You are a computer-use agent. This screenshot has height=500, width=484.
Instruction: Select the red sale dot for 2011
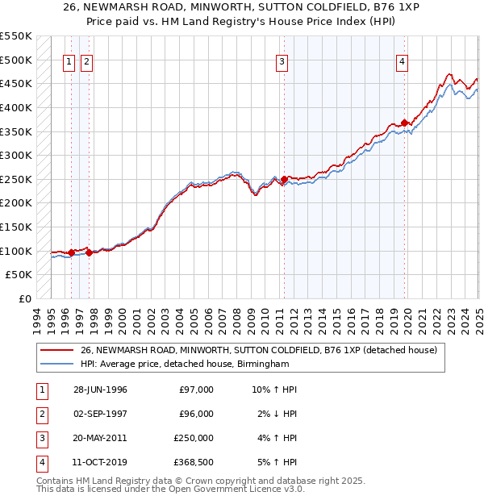(x=284, y=179)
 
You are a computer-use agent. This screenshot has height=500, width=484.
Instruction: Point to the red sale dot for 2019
(x=404, y=123)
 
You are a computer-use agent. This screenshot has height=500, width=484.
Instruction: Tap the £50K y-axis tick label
(x=19, y=275)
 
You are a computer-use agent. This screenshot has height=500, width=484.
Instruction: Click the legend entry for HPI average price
(x=185, y=365)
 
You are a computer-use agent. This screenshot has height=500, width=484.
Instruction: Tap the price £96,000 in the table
(x=196, y=414)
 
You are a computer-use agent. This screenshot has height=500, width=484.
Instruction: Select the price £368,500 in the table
(x=194, y=462)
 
